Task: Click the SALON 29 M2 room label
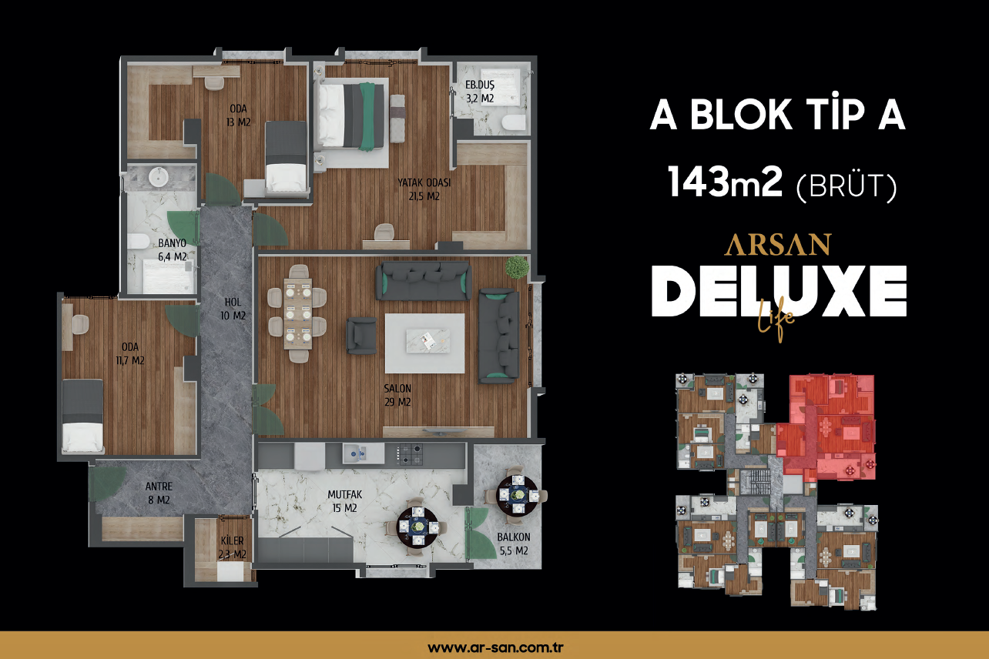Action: coord(397,395)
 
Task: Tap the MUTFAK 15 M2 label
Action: coord(345,501)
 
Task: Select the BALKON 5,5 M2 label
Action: coord(514,544)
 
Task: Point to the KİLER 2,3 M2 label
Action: coord(233,547)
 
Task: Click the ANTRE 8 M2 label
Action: coord(159,493)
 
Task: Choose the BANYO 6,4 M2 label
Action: coord(173,250)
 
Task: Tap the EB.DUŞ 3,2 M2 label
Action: coord(480,92)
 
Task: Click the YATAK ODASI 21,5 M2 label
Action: coord(424,189)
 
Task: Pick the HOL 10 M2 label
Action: coord(233,309)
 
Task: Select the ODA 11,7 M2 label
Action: coord(130,353)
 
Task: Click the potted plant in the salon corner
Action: coord(517,267)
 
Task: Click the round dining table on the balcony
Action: coord(518,495)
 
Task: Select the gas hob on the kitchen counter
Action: coord(409,454)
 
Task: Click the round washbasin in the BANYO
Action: coord(158,177)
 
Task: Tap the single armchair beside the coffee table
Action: coord(361,336)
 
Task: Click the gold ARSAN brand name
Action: coord(777,245)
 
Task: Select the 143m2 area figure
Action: coord(725,182)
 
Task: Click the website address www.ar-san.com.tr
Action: coord(495,647)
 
